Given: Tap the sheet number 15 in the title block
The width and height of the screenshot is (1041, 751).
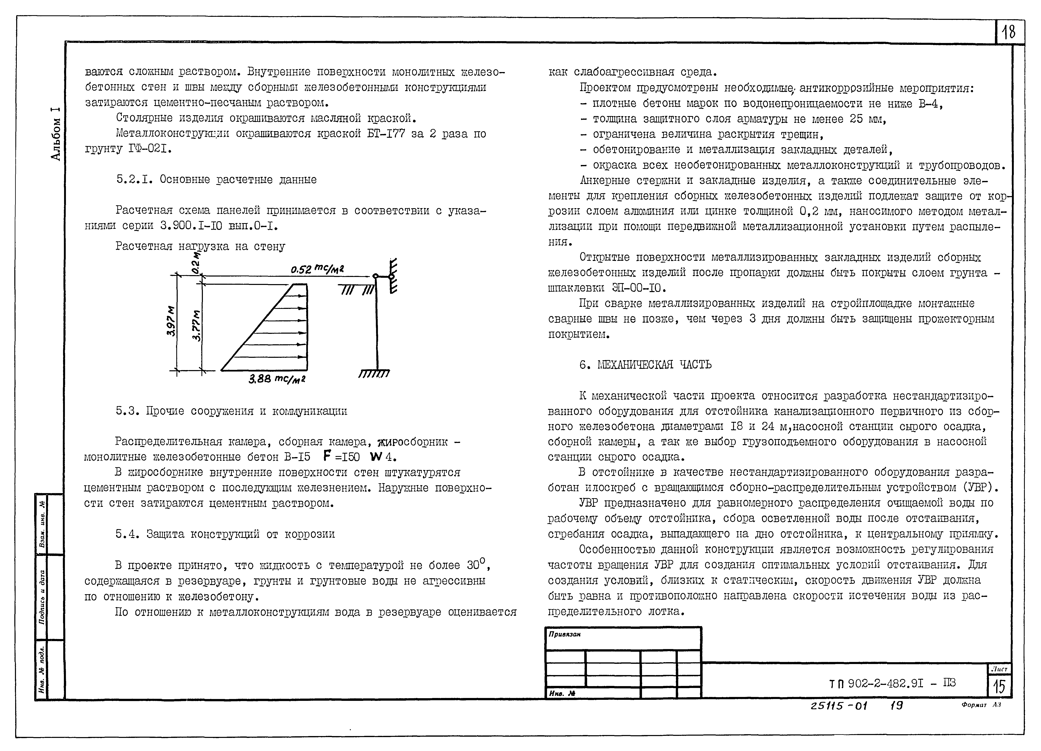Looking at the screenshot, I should tap(999, 687).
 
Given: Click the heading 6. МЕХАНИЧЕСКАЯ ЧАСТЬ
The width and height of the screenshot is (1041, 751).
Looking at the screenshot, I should tap(645, 365).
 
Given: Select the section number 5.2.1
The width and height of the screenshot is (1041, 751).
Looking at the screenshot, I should tap(134, 180).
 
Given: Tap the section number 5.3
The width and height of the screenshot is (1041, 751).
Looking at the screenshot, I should tap(128, 411).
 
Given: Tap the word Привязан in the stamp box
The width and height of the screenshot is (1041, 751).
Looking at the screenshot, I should tap(565, 634).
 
